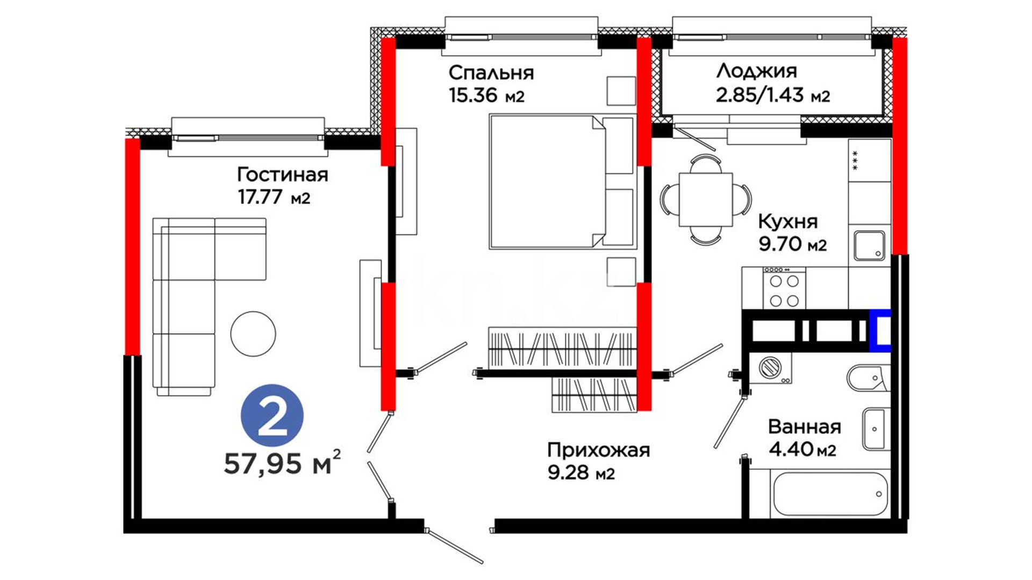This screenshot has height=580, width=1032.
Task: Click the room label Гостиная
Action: click(282, 175)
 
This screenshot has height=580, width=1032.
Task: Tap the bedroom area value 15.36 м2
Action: click(486, 96)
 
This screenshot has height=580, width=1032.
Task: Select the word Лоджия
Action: click(757, 71)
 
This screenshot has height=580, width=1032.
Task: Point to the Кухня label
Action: click(787, 221)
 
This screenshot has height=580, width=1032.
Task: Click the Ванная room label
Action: click(805, 427)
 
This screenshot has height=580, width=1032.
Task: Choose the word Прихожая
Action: click(598, 450)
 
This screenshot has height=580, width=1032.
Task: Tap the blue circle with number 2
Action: click(273, 416)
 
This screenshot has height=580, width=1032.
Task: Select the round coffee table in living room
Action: click(253, 334)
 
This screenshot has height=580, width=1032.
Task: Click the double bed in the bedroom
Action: click(562, 182)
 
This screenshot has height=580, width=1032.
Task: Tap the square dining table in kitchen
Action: click(705, 199)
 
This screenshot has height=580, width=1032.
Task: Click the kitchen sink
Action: click(869, 245)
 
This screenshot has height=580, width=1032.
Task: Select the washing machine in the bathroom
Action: click(770, 368)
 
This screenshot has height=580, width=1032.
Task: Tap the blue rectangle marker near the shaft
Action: click(880, 330)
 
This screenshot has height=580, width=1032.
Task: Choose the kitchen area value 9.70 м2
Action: click(792, 244)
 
